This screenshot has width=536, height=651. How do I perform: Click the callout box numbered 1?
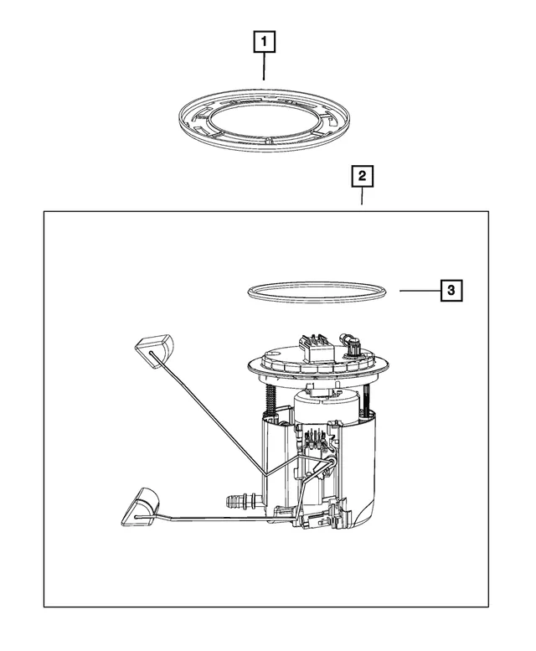(265, 42)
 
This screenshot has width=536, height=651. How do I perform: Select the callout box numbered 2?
(362, 176)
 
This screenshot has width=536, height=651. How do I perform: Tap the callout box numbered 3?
(451, 290)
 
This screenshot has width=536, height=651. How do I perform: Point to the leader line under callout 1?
(264, 66)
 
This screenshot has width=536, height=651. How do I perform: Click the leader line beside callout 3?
(420, 291)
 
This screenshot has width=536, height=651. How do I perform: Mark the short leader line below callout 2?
(362, 195)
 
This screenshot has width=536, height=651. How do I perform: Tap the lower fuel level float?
(140, 508)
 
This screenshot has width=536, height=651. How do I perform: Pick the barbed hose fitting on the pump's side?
(241, 499)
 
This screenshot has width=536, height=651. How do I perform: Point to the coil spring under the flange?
(269, 399)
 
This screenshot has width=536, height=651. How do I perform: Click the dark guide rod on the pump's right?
(368, 398)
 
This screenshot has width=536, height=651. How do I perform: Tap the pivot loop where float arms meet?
(331, 461)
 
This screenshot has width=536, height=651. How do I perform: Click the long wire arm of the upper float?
(208, 414)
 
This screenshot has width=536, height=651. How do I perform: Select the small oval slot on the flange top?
(275, 354)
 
